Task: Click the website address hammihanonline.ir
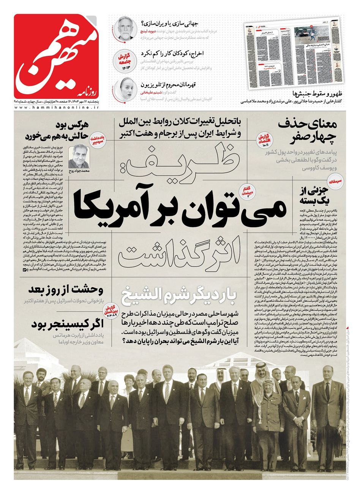tap(56, 108)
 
